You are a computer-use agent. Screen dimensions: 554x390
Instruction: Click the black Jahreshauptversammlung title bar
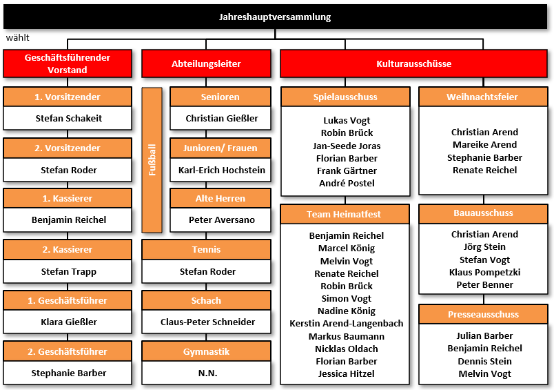tap(275, 17)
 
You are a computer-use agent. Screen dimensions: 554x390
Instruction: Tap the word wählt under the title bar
tap(18, 37)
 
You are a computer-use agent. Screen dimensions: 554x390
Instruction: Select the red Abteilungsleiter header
tap(206, 64)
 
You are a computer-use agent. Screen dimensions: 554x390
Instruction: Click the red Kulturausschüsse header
tap(413, 64)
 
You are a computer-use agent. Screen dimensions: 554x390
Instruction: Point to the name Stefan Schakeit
tap(68, 118)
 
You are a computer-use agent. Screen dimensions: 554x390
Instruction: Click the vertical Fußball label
tap(152, 160)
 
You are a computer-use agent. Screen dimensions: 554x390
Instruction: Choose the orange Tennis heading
tap(206, 249)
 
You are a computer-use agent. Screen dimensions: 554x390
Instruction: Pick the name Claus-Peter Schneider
tap(208, 322)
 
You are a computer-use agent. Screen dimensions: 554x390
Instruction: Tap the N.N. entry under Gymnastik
tap(208, 373)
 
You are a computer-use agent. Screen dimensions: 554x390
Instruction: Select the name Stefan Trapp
tap(68, 272)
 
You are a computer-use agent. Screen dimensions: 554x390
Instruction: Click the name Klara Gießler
tap(68, 322)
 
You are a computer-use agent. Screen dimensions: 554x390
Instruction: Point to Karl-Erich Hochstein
tap(221, 170)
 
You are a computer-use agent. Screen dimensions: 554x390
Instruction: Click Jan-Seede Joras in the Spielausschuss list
tap(347, 146)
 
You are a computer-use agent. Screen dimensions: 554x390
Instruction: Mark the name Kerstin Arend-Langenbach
tap(346, 324)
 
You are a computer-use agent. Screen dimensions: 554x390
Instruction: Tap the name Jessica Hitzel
tap(346, 373)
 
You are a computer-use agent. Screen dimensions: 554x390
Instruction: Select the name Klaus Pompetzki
tap(485, 272)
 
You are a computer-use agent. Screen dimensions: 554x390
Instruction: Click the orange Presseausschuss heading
tap(483, 314)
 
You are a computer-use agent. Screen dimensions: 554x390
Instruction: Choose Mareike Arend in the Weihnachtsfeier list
tap(485, 145)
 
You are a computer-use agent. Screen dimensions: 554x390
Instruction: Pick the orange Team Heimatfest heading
tap(344, 214)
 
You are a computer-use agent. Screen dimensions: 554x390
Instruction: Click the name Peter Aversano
tap(221, 220)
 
